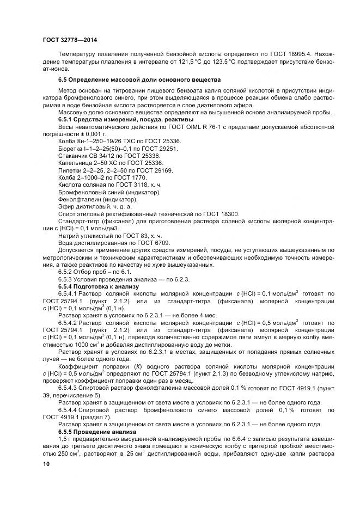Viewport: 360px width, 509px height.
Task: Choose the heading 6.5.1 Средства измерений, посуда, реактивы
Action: tap(118, 119)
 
